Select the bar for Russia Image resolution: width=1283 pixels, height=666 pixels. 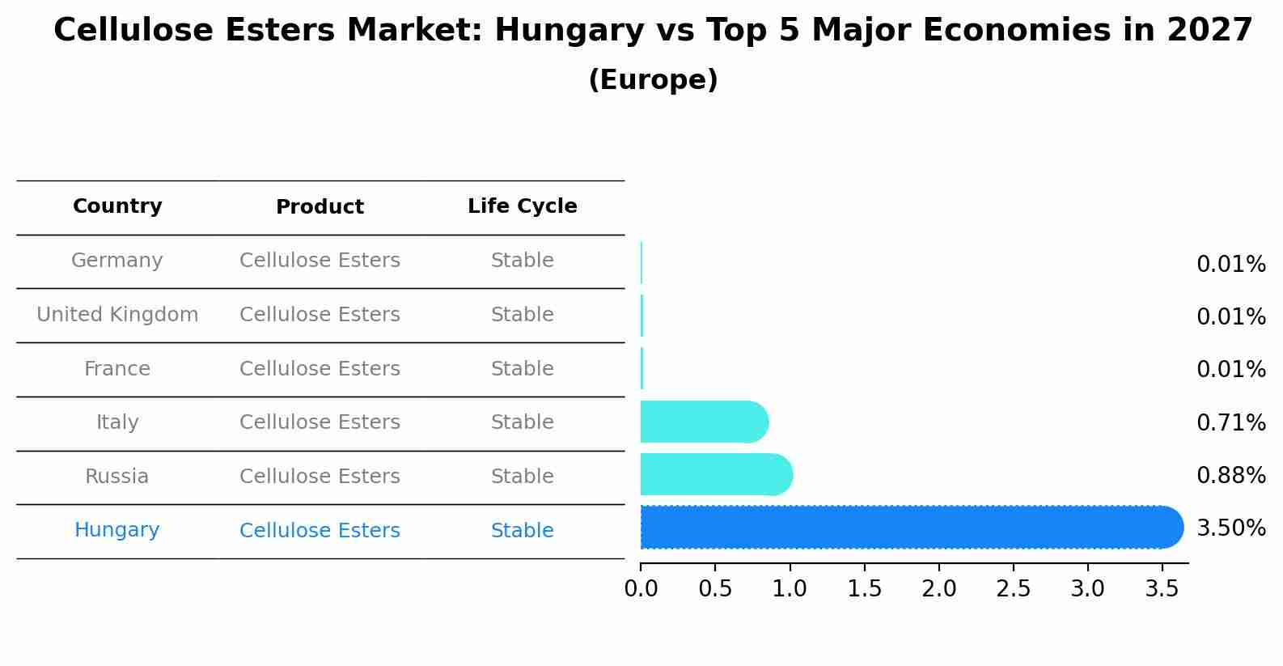[x=715, y=475]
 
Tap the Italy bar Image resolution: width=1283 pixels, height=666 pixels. [x=703, y=422]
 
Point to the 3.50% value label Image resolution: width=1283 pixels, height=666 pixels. [x=1230, y=528]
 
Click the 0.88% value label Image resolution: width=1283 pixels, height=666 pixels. [x=1230, y=476]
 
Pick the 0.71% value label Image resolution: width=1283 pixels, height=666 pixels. [x=1230, y=422]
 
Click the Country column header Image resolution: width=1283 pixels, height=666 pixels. [x=117, y=206]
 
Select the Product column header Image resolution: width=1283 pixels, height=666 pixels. [x=320, y=207]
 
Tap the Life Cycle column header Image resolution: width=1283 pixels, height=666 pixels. [x=522, y=206]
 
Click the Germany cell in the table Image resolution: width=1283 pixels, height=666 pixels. [x=117, y=261]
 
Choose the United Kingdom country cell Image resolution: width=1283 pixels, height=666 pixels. [x=117, y=315]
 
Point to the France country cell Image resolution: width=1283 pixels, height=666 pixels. [x=117, y=369]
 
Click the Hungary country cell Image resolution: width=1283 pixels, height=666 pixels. [x=117, y=530]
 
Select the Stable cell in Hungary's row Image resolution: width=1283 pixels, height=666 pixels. [x=522, y=531]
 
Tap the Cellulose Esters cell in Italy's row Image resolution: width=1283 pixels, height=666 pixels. [x=320, y=422]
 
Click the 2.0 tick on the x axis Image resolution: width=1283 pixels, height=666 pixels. [x=938, y=589]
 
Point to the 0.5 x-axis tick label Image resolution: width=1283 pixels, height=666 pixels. [x=715, y=589]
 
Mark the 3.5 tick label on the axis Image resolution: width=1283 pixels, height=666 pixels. [x=1162, y=589]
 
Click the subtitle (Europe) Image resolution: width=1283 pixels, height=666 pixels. [x=653, y=80]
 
